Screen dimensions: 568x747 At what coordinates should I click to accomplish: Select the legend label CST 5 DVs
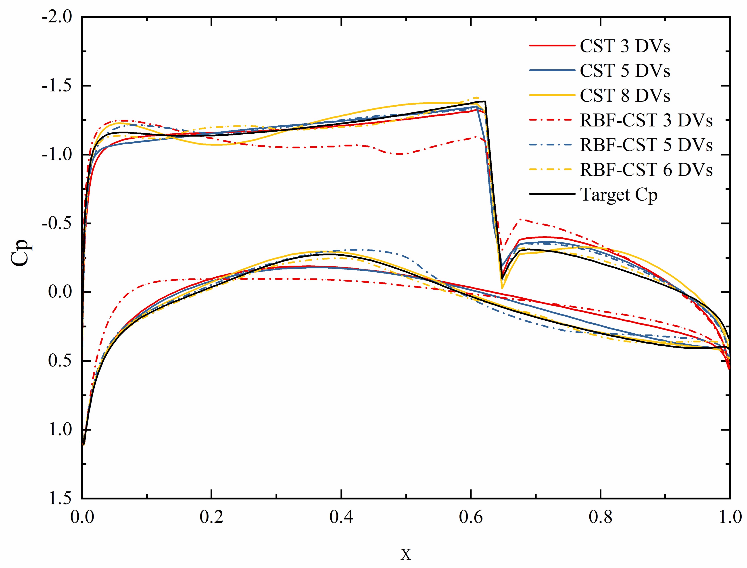pyautogui.click(x=624, y=71)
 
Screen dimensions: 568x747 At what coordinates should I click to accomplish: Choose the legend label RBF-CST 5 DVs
pyautogui.click(x=646, y=145)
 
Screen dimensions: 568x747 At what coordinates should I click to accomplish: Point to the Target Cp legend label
pyautogui.click(x=618, y=195)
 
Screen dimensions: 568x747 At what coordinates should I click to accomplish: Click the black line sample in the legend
pyautogui.click(x=552, y=194)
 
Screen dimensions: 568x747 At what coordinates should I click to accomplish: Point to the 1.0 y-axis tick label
pyautogui.click(x=60, y=430)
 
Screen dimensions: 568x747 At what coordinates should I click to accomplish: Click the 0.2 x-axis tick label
pyautogui.click(x=211, y=518)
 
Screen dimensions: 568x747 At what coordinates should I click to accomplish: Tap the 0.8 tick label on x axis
pyautogui.click(x=600, y=518)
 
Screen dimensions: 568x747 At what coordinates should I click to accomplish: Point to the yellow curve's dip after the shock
pyautogui.click(x=502, y=288)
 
